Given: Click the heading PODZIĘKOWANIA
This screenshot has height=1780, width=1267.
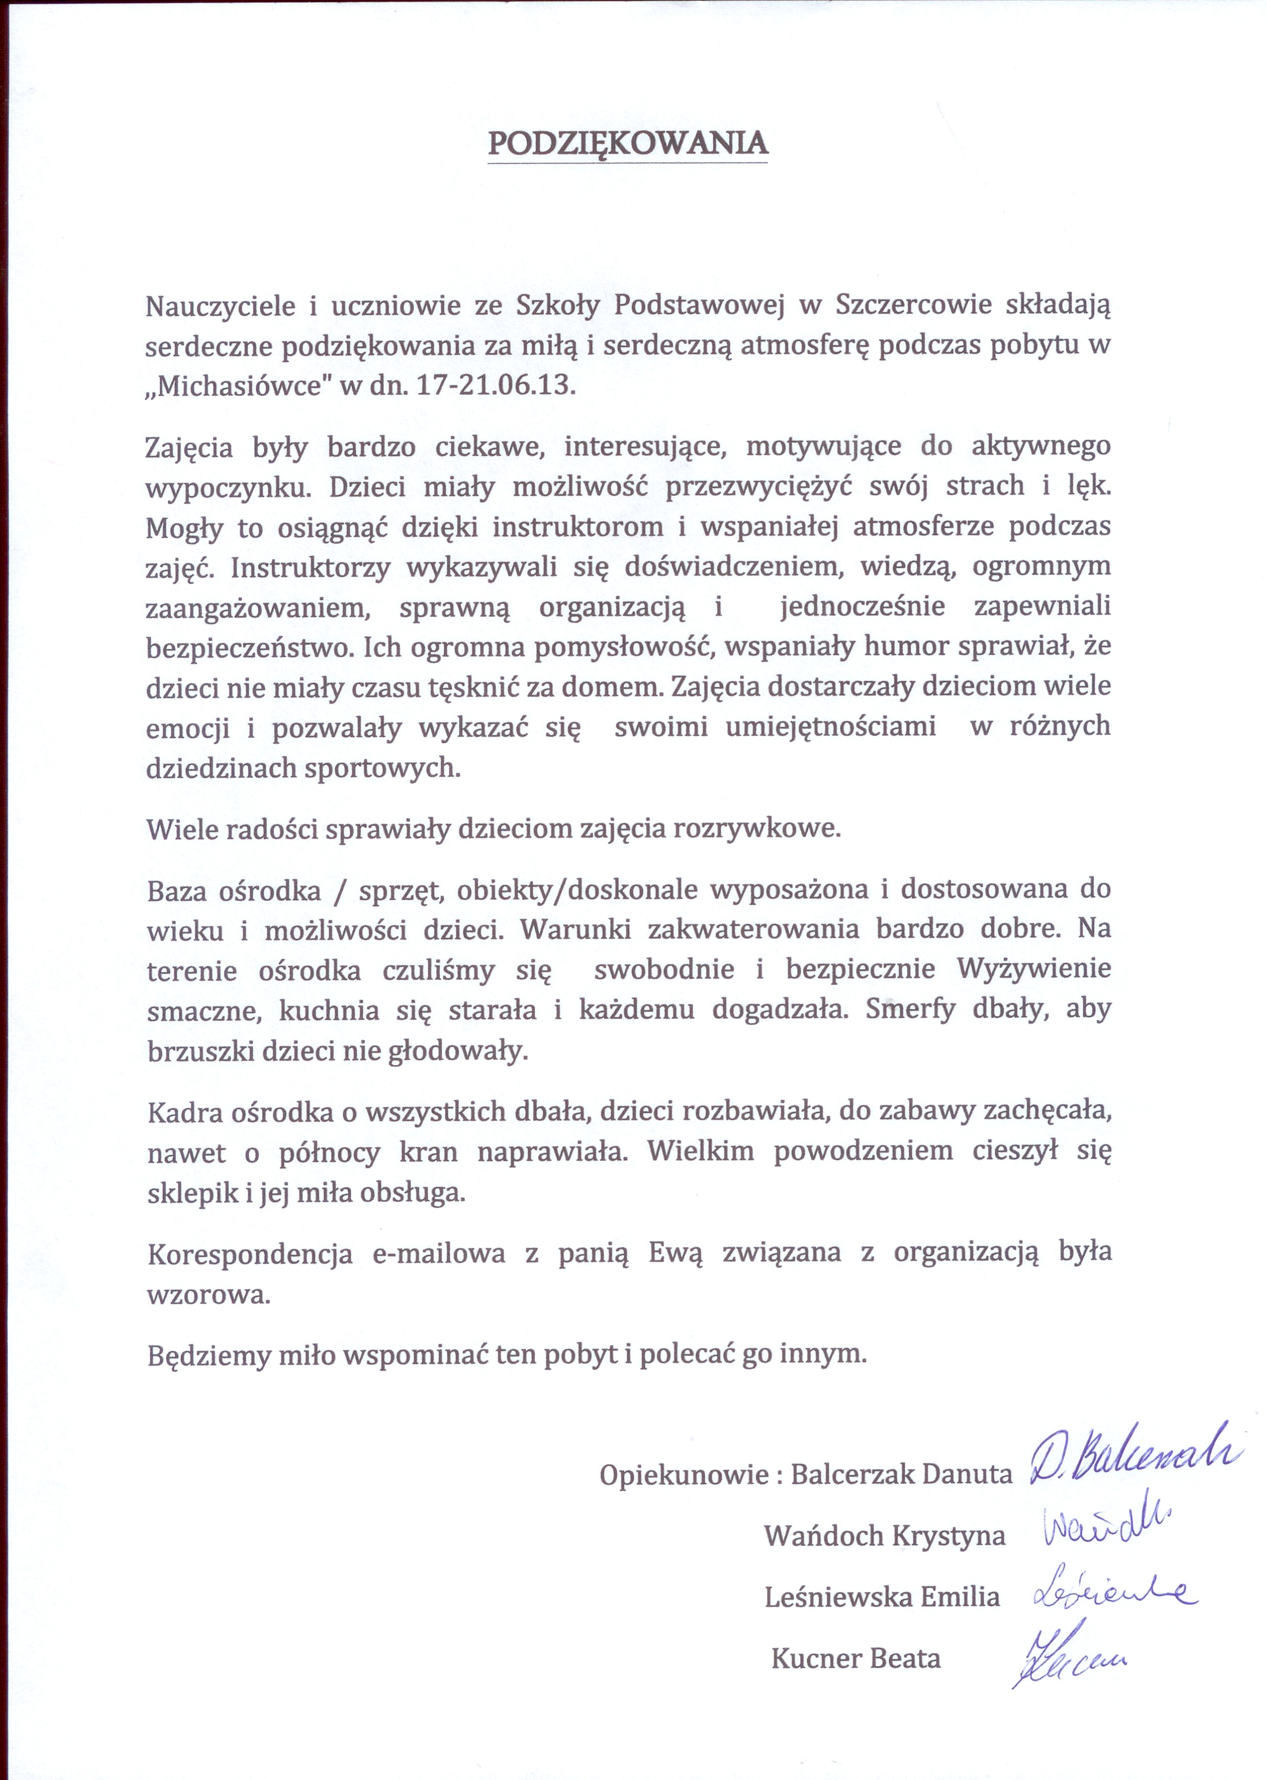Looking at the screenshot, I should point(628,144).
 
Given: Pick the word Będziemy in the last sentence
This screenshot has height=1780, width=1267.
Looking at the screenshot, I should point(203,1355).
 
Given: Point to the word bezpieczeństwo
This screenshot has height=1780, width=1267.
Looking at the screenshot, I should point(250,647).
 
